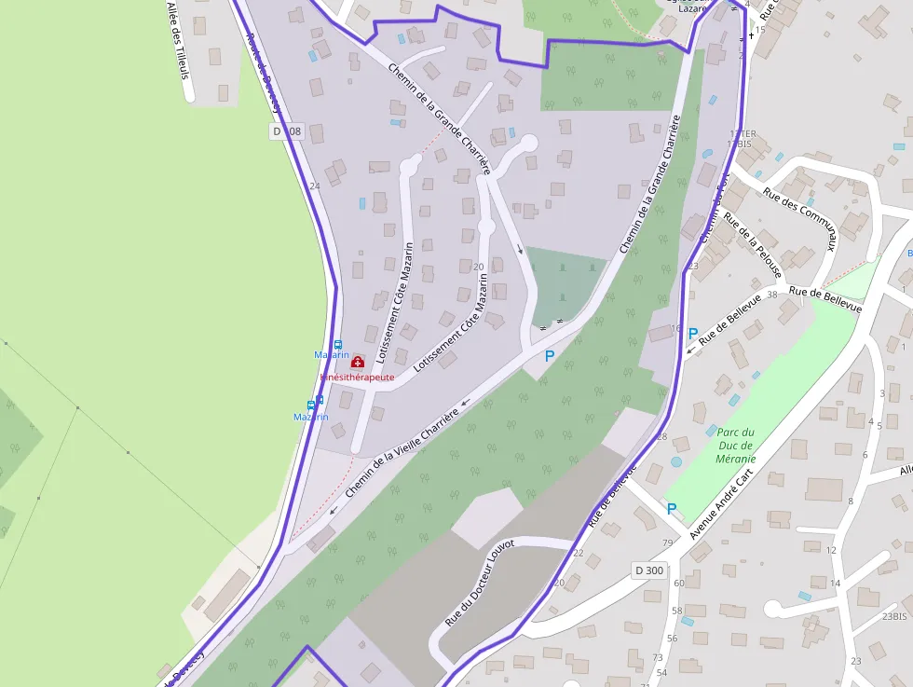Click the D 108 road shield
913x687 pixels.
point(288,131)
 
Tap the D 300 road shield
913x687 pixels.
point(649,570)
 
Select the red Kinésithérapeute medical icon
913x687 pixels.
point(358,362)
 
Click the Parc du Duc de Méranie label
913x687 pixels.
point(735,445)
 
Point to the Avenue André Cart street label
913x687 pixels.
point(720,504)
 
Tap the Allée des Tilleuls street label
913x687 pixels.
point(178,38)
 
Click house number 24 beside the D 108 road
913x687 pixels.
point(314,186)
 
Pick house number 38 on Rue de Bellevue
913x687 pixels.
point(771,295)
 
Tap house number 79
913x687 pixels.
point(667,543)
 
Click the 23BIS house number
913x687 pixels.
point(893,616)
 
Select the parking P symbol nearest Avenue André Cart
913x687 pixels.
point(672,509)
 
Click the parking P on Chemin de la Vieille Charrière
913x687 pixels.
point(549,355)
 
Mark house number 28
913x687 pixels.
point(662,436)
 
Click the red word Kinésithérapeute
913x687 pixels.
point(358,378)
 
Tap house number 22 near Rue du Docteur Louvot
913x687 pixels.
point(579,553)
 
